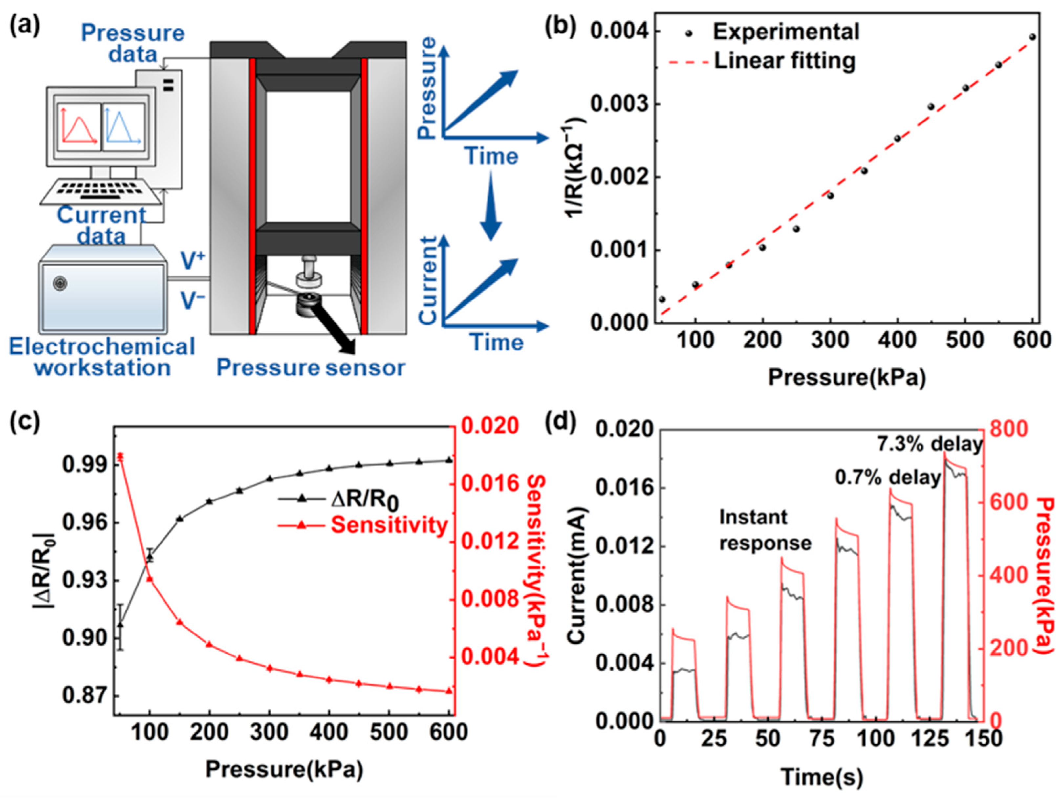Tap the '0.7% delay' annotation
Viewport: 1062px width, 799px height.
(888, 478)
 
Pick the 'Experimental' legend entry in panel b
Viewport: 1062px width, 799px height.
(786, 32)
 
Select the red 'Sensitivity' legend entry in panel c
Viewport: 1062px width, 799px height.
(388, 525)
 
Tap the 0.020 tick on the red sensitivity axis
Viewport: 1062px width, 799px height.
(490, 426)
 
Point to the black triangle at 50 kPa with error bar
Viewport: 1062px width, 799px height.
(120, 625)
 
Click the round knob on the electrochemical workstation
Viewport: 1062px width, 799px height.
(60, 283)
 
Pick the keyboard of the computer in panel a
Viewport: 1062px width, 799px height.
(101, 190)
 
